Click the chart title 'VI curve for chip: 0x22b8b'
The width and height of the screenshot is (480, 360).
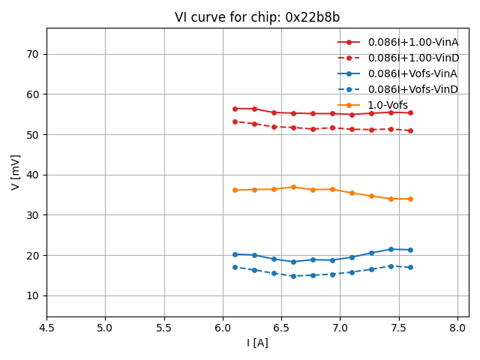coord(257,17)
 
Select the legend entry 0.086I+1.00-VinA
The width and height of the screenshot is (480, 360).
coord(412,42)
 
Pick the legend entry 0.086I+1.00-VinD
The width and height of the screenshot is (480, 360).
coord(412,58)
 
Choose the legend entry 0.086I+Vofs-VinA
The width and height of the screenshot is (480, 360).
coord(412,73)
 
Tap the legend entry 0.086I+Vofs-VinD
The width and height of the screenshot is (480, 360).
coord(412,89)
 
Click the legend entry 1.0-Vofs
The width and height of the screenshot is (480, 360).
coord(388,105)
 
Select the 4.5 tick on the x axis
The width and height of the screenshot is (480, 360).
coord(46,328)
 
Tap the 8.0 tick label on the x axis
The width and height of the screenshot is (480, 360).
coord(457,328)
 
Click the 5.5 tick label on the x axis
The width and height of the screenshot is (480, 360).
coord(164,328)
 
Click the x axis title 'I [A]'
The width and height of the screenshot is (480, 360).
coord(257,343)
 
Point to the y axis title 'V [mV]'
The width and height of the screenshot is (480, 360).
coord(15,172)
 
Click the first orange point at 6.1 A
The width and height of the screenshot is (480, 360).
coord(235,190)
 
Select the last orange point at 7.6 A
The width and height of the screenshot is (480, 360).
coord(410,199)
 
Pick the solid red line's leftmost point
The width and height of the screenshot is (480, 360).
coord(235,109)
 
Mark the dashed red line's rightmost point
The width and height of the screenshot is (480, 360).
coord(410,130)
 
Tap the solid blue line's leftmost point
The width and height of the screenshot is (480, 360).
coord(235,254)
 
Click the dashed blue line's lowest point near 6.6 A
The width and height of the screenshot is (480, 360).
coord(293,276)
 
